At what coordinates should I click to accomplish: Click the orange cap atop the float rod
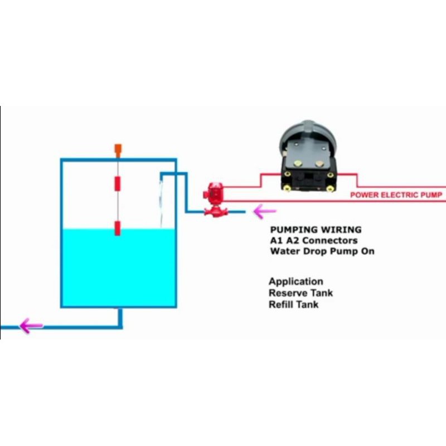118,149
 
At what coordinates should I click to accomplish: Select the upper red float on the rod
118,183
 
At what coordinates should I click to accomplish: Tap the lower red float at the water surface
118,228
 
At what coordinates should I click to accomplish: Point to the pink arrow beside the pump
265,211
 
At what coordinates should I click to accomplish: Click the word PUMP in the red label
430,195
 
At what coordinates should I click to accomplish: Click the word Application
295,282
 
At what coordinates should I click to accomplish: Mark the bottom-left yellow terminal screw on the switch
287,188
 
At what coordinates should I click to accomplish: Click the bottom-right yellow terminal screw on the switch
332,188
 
